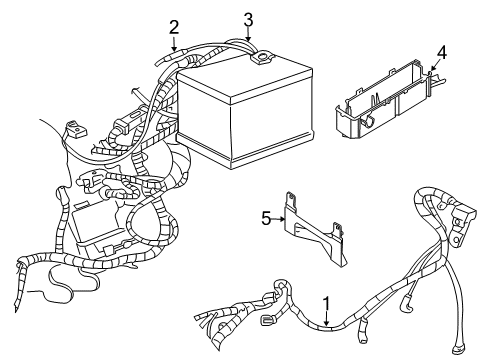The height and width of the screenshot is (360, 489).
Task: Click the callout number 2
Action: point(174,27)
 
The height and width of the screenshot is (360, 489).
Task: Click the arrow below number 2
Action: point(174,44)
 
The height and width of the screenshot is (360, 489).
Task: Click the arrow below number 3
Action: point(249,36)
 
